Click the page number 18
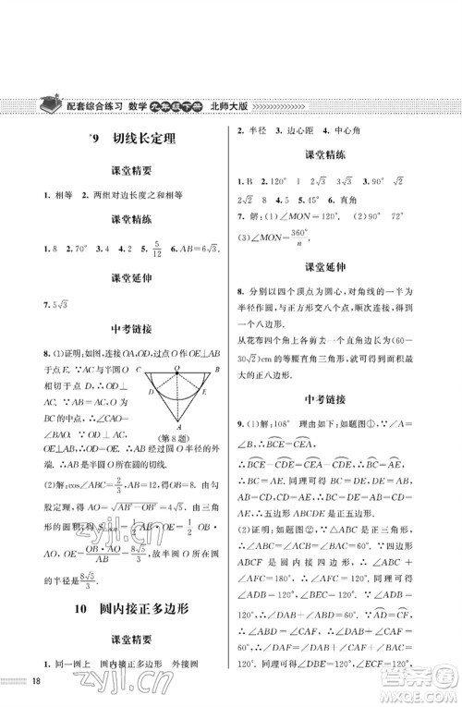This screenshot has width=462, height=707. (37, 682)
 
